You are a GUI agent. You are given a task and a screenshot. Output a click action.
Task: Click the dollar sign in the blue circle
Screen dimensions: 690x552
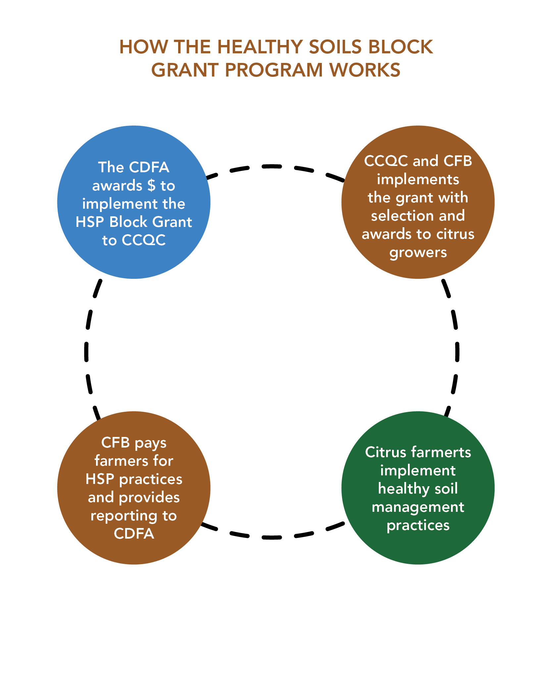coord(151,186)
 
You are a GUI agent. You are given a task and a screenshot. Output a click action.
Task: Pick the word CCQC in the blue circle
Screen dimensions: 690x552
coord(143,240)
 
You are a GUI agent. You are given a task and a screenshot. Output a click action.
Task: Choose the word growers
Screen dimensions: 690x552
coord(418,253)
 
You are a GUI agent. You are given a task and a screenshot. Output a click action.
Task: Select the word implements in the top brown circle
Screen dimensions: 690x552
coord(418,180)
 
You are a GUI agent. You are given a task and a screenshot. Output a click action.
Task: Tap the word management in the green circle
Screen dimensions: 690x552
coord(418,507)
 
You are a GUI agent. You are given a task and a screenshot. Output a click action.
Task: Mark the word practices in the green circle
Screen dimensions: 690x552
coord(418,526)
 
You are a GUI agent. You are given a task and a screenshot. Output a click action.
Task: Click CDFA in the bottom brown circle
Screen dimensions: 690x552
coord(134,534)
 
